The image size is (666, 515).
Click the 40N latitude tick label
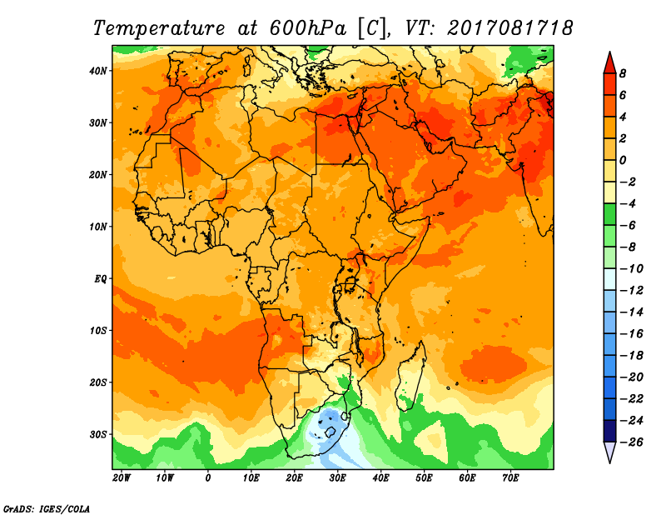pos(97,71)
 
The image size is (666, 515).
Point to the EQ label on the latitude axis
pos(100,279)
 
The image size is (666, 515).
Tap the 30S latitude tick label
pos(97,435)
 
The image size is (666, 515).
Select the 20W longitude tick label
pos(122,478)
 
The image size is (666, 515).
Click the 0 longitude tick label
pos(207,478)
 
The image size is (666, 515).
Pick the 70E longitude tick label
pos(510,478)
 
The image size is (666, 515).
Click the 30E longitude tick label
pos(337,478)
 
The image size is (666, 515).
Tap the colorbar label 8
pos(622,73)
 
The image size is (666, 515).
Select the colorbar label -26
pos(632,442)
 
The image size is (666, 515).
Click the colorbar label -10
pos(632,269)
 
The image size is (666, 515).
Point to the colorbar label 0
pos(622,160)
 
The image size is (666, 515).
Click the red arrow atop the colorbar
pos(609,62)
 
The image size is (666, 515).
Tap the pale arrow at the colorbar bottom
pos(609,452)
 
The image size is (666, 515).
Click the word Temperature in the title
pos(159,28)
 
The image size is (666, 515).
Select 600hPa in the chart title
pos(307,28)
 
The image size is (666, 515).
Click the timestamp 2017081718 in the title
pos(509,28)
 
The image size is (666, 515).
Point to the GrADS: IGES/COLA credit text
pos(47,509)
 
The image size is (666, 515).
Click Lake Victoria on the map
pos(350,283)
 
